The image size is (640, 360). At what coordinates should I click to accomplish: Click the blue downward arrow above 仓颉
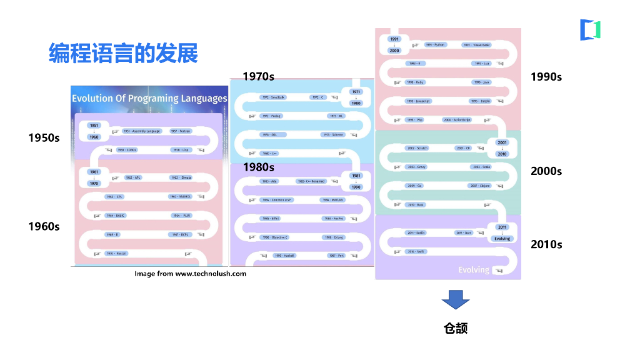[455, 300]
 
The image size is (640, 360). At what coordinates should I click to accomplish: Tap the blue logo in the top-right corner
[590, 30]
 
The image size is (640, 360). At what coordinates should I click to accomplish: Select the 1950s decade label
[44, 137]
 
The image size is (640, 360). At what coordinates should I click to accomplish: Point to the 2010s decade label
[546, 244]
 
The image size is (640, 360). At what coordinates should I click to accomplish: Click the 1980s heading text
[259, 167]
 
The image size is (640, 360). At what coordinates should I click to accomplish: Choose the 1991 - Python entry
[435, 45]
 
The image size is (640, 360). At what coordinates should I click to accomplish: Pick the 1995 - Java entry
[481, 82]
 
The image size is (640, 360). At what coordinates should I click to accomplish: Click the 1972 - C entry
[318, 97]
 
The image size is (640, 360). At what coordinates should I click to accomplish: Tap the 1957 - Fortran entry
[181, 131]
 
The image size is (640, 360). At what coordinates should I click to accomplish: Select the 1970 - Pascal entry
[116, 253]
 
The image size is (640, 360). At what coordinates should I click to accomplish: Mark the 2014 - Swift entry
[416, 251]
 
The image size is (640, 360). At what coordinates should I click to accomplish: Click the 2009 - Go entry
[415, 186]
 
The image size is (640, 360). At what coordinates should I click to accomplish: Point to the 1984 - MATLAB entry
[332, 200]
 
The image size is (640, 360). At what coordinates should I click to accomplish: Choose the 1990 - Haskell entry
[284, 256]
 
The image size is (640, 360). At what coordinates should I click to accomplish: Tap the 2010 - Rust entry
[416, 204]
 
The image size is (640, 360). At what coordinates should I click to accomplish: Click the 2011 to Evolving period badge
[502, 232]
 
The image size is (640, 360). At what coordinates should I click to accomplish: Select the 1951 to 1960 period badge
[94, 131]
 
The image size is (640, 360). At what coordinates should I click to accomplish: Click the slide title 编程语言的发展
[123, 54]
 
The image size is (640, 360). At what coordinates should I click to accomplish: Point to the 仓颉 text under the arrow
[456, 328]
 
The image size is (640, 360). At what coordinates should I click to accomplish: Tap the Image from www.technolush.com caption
[191, 274]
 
